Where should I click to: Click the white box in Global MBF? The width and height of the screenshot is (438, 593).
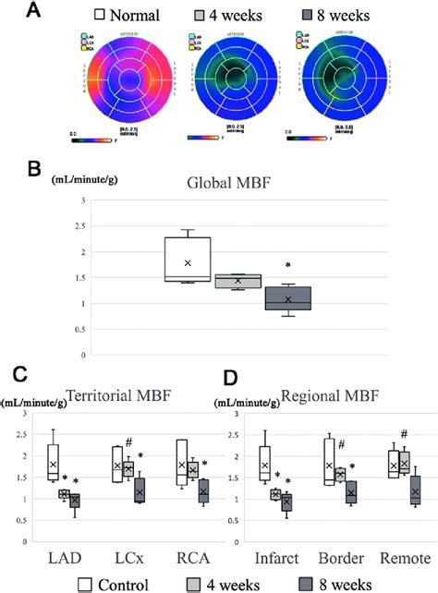tap(188, 259)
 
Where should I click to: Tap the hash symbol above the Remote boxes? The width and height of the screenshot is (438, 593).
tap(403, 434)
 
